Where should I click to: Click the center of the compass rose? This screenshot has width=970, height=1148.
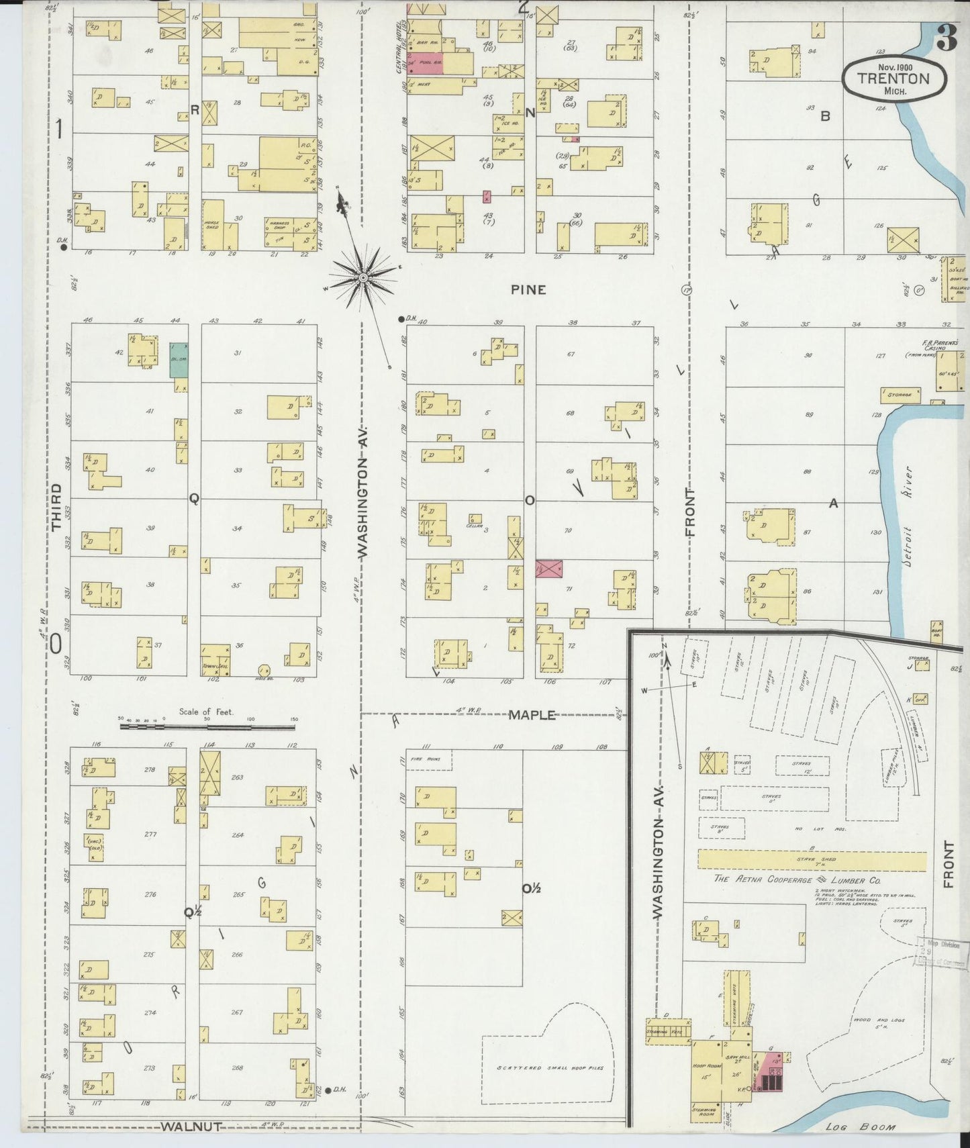point(362,277)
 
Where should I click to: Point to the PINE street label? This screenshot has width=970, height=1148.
point(528,290)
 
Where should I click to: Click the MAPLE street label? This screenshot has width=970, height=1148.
point(532,715)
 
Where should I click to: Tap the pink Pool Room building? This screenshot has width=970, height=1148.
point(425,63)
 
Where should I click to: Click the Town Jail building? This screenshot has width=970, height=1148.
point(215,659)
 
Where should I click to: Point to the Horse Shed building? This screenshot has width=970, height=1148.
point(213,225)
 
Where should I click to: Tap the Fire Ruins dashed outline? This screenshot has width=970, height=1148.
point(428,759)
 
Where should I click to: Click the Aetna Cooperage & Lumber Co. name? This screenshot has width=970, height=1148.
point(797,879)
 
